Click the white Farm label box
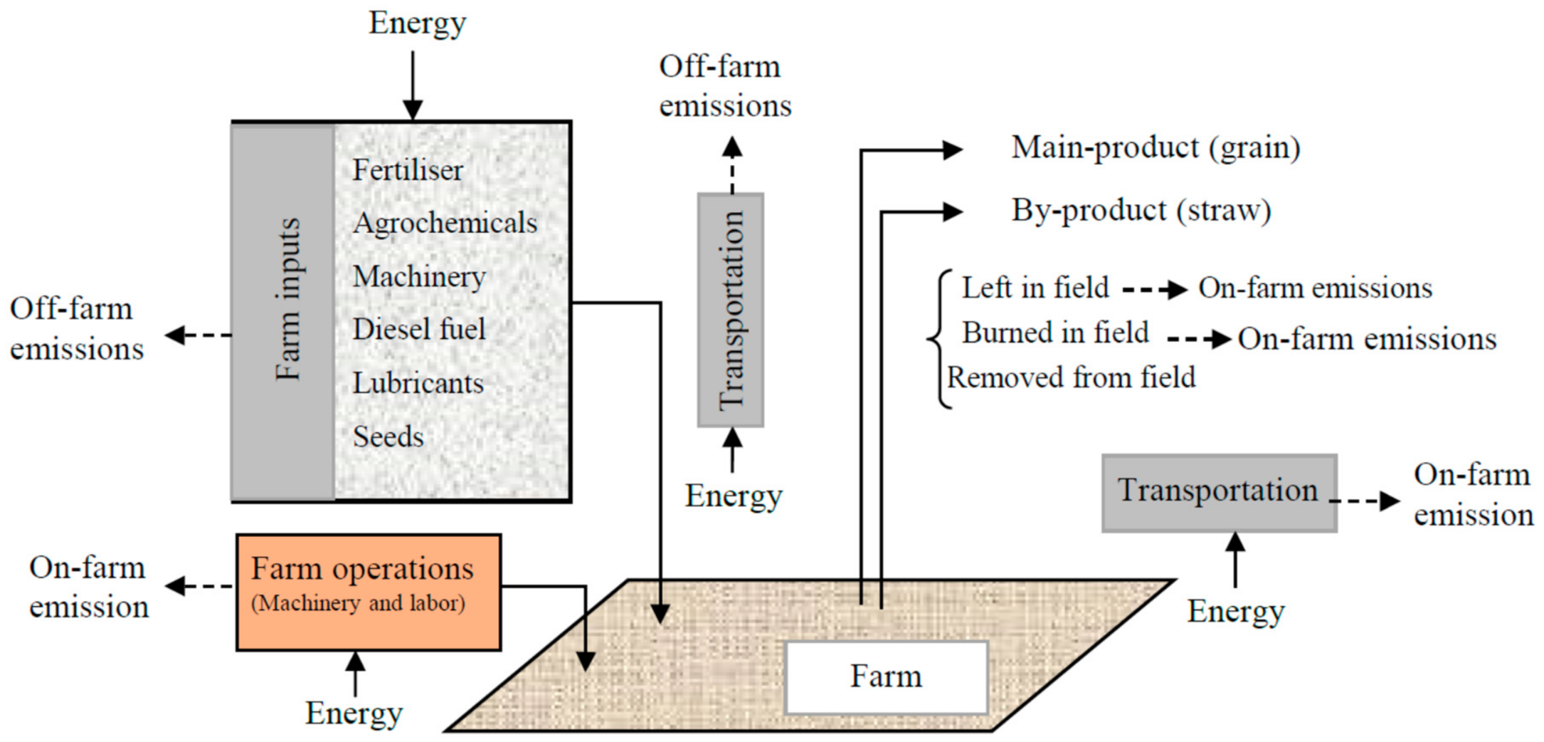[886, 677]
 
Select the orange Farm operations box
[368, 592]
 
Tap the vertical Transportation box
[731, 310]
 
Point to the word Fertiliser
[408, 170]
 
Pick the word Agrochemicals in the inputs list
[445, 224]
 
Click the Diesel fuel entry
[419, 330]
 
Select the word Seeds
[388, 437]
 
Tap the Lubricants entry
[418, 384]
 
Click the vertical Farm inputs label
[287, 299]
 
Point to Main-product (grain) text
[1156, 148]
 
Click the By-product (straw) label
[1141, 211]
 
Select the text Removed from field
[1071, 377]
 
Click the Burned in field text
[1055, 333]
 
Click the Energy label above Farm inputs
[417, 23]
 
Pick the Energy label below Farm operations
[354, 713]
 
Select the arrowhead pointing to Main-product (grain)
[952, 150]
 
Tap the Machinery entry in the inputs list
[419, 276]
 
